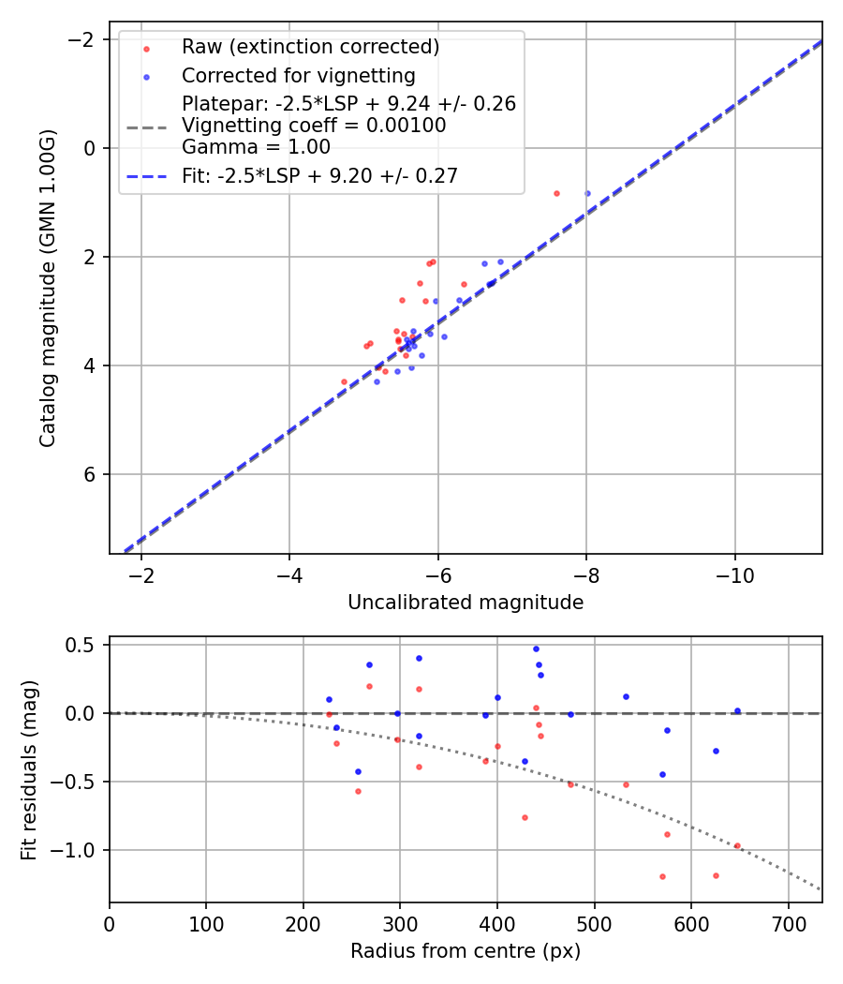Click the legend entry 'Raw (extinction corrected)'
[x=310, y=47]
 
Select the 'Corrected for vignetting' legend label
[x=298, y=75]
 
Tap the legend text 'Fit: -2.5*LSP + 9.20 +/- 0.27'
[x=319, y=175]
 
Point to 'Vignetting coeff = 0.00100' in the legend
[x=313, y=126]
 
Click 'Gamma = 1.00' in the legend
[x=256, y=147]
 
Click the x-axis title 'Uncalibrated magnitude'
[x=466, y=603]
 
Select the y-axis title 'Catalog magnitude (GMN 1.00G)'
[x=49, y=289]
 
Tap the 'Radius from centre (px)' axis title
[x=466, y=951]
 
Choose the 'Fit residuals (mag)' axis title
[x=28, y=770]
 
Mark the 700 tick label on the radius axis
[x=788, y=924]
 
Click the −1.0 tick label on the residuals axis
[x=80, y=850]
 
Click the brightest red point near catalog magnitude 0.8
[x=556, y=193]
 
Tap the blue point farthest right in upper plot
[x=587, y=193]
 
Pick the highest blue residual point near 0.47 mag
[x=536, y=649]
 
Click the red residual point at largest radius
[x=737, y=845]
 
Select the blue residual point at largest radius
[x=737, y=710]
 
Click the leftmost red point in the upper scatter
[x=344, y=381]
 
